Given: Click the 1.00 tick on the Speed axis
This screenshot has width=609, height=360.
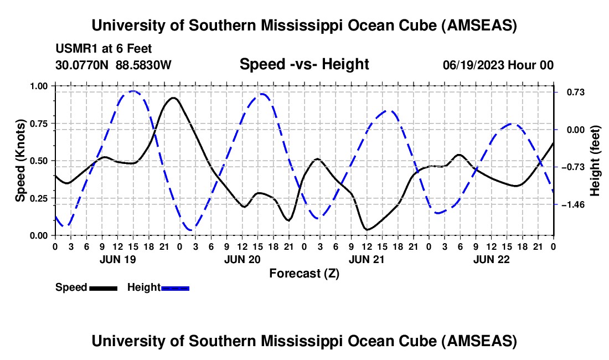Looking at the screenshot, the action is point(38,86).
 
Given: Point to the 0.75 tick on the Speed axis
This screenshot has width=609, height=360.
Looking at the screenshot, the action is point(38,124).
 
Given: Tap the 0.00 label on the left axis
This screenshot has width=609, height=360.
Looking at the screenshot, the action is point(38,235).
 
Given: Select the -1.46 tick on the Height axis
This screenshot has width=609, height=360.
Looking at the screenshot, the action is point(573,205).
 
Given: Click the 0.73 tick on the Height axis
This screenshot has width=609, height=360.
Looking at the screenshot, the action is point(576,92).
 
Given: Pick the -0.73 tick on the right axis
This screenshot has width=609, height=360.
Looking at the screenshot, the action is point(573,167).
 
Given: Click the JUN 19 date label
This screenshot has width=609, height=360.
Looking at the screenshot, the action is point(118,260).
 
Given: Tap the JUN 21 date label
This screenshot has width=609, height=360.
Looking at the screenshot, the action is point(367,260).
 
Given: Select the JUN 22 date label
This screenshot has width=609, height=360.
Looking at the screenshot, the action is point(491,260).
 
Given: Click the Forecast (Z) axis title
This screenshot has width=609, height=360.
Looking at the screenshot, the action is point(304,274).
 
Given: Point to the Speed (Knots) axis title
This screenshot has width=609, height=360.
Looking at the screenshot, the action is point(20,161).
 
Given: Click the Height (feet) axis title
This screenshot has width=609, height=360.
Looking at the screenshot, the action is point(595,161).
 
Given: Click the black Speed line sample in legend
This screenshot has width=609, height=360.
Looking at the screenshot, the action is point(104,288).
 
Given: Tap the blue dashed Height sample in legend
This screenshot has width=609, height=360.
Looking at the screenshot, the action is point(175,288).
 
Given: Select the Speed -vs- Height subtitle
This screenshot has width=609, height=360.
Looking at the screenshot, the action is point(304,64).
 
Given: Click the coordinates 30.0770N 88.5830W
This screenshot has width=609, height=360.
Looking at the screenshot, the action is point(113,65).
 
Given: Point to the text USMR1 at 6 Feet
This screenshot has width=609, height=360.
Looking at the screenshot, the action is point(104,49).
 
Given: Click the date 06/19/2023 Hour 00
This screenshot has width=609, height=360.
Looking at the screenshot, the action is point(498,65).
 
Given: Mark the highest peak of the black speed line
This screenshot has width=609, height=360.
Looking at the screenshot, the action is point(173,98).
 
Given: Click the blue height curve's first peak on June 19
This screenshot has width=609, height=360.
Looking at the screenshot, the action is point(133,91).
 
